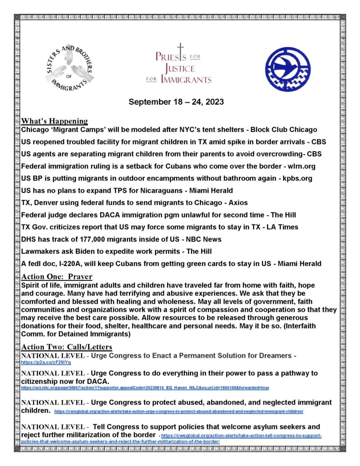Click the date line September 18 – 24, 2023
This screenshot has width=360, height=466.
(176, 101)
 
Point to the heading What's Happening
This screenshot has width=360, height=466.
(55, 121)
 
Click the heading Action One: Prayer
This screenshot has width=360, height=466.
(56, 277)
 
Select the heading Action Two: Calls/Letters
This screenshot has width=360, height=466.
(67, 347)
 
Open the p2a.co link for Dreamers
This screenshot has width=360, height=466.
(46, 363)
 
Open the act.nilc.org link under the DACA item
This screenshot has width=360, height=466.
(145, 388)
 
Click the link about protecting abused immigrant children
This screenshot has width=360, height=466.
(178, 411)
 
